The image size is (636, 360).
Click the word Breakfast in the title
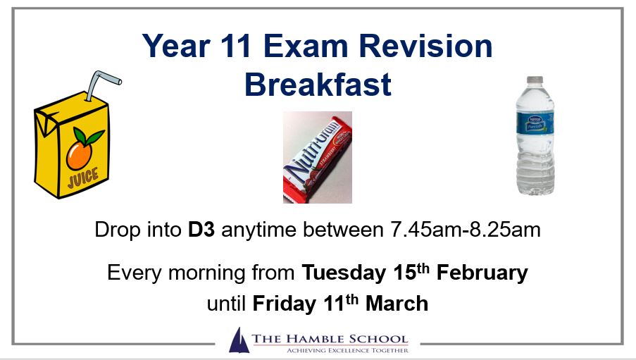coord(318,85)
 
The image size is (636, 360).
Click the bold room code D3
coord(201,230)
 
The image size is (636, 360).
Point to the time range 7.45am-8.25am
coord(466,230)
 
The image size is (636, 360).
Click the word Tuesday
coord(344,273)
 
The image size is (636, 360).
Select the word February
coord(482,273)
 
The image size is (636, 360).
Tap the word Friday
coord(285,304)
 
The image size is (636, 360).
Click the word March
coord(397,304)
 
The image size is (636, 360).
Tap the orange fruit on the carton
coord(79,155)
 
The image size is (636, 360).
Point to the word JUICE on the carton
coord(83,178)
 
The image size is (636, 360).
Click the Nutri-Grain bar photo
coord(318,158)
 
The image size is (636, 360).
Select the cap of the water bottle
coord(535,80)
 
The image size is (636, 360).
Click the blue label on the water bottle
coord(535,122)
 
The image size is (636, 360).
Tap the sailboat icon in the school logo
coord(239,340)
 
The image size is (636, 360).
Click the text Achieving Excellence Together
coord(348,350)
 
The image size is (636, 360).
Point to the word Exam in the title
coord(306,46)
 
